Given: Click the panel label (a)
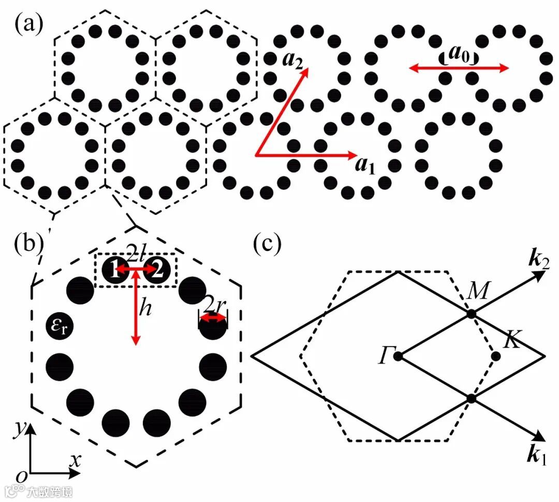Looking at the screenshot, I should click(29, 23).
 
